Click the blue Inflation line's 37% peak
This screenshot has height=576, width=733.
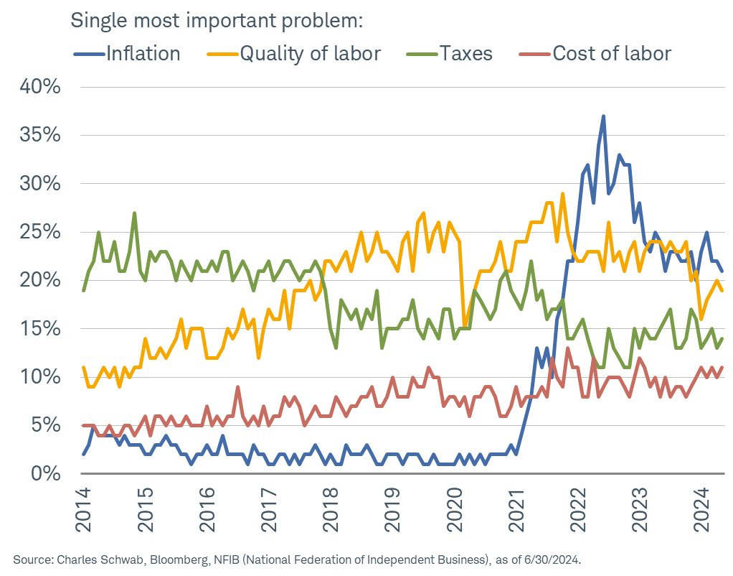[x=604, y=116]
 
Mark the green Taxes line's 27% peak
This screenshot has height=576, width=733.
[x=134, y=213]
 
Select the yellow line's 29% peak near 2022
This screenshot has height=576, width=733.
[x=563, y=194]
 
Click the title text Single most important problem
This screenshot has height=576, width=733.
[x=217, y=20]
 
